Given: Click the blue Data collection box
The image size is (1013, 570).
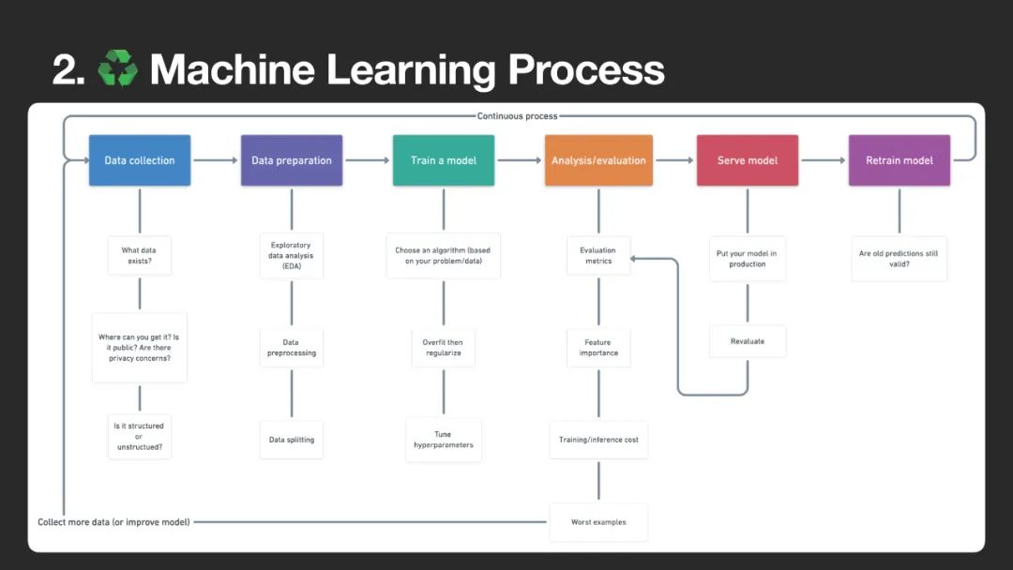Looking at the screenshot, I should (x=140, y=160).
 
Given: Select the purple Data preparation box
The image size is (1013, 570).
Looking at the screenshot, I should (x=292, y=160).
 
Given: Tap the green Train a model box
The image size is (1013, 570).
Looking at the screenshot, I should (x=444, y=160).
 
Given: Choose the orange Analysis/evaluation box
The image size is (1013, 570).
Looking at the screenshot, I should (x=598, y=160).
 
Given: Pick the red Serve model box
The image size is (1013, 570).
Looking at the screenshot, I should (x=748, y=160).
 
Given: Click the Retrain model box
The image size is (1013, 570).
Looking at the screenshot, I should (x=900, y=160).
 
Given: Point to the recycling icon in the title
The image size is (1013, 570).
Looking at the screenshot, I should (x=118, y=69).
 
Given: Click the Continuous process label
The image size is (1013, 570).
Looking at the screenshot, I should (x=517, y=116).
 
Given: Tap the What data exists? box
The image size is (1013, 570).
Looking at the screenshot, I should (x=140, y=255).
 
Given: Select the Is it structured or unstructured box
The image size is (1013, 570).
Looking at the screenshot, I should (x=139, y=437).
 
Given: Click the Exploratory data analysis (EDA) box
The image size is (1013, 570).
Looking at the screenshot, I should (x=292, y=256).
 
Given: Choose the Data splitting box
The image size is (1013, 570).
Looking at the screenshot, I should (x=292, y=440).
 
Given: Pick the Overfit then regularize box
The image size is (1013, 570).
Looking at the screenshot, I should (x=444, y=348).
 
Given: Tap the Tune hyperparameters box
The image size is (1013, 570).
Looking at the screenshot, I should (x=444, y=440).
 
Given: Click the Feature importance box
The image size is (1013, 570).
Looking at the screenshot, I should (x=598, y=348).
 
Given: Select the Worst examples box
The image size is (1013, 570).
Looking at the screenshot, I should (x=598, y=522).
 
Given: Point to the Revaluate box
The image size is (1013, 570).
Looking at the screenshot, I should (x=748, y=341).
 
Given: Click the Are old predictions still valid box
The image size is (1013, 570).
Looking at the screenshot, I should (x=900, y=258).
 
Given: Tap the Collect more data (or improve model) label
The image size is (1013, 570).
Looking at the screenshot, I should (x=113, y=522).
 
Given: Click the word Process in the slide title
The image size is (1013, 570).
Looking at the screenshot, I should (x=586, y=70).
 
